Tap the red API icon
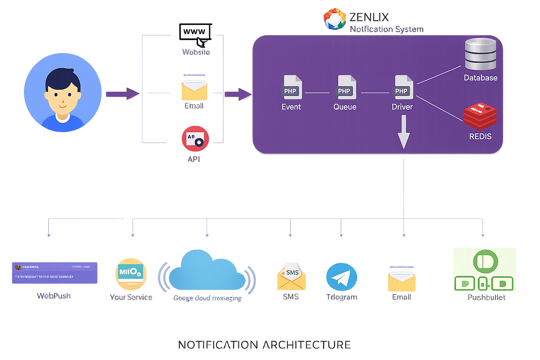tap(195, 139)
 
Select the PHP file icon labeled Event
tap(292, 87)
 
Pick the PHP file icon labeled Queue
tap(346, 87)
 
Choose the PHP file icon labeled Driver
tap(404, 87)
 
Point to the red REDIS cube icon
tap(480, 116)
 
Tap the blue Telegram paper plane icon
tap(341, 277)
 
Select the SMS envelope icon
tap(291, 276)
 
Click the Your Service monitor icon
tap(130, 274)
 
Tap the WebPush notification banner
tap(54, 273)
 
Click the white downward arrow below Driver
tap(404, 132)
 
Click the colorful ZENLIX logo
tap(334, 19)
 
